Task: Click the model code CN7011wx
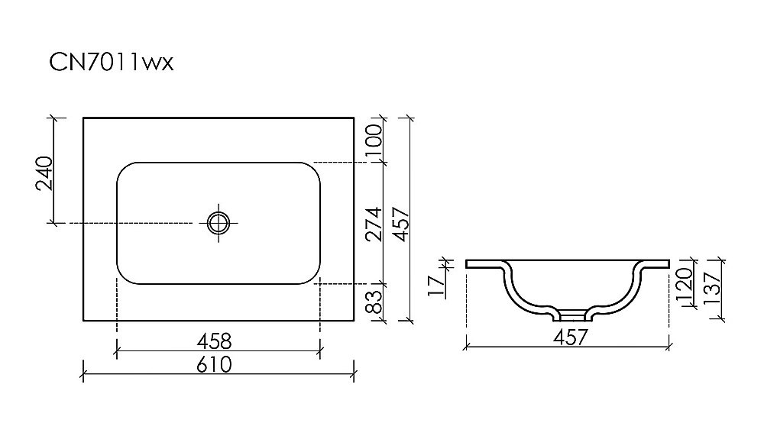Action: click(x=112, y=63)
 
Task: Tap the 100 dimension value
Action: click(x=372, y=141)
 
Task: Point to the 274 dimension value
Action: click(x=372, y=222)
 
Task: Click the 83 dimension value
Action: click(x=372, y=302)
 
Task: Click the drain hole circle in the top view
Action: click(x=218, y=223)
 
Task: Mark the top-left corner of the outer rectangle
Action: click(x=83, y=118)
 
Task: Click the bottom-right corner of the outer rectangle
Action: click(x=354, y=321)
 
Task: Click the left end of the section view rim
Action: click(x=468, y=263)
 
